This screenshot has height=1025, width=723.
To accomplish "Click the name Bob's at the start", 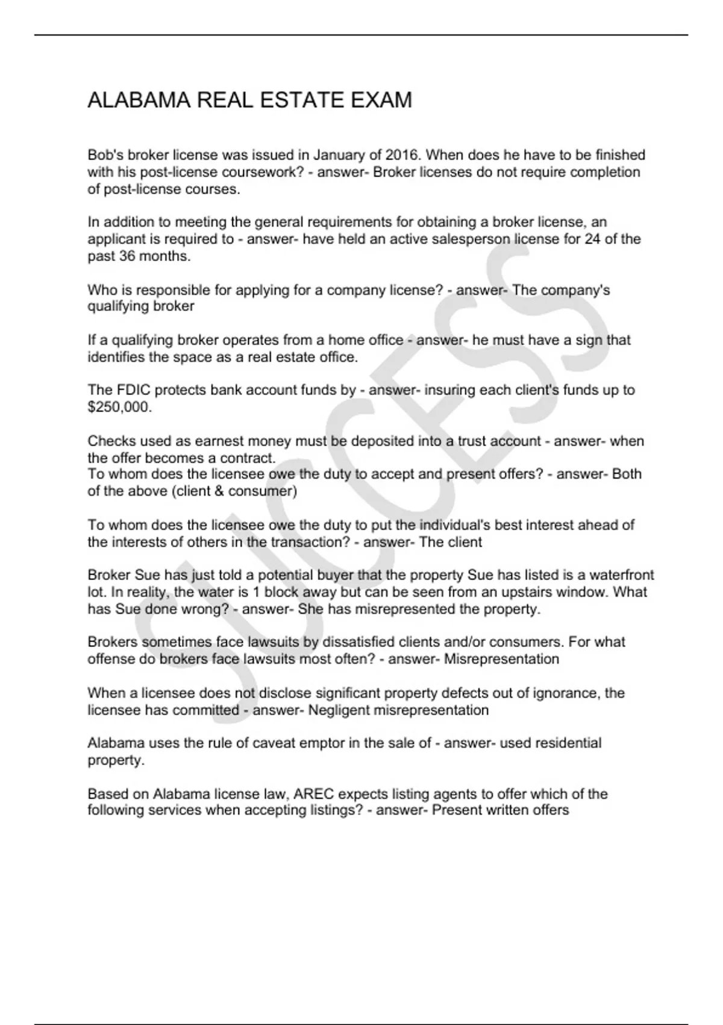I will coord(105,155).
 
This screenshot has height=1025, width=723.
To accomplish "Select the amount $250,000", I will coord(119,407).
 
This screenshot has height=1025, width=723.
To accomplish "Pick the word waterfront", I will coord(623,575).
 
